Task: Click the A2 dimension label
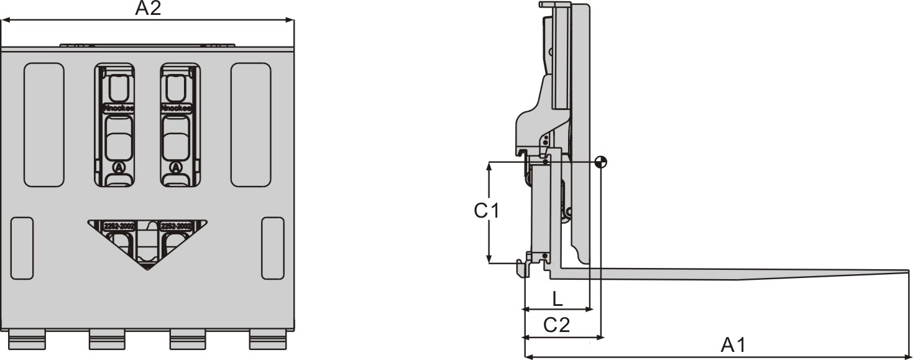(x=148, y=9)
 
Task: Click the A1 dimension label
(x=733, y=345)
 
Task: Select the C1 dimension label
(x=487, y=211)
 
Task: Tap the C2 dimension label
(x=557, y=325)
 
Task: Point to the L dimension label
(x=557, y=299)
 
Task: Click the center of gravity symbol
(x=600, y=162)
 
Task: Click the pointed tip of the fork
(x=908, y=271)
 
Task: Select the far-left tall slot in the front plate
(x=44, y=124)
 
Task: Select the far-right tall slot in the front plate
(x=250, y=124)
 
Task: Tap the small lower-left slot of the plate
(x=22, y=247)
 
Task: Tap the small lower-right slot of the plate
(x=273, y=247)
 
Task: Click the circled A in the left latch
(x=118, y=167)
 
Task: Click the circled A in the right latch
(x=176, y=167)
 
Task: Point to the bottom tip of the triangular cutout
(x=147, y=269)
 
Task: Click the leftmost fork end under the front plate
(x=27, y=339)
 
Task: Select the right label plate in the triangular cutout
(x=175, y=226)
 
